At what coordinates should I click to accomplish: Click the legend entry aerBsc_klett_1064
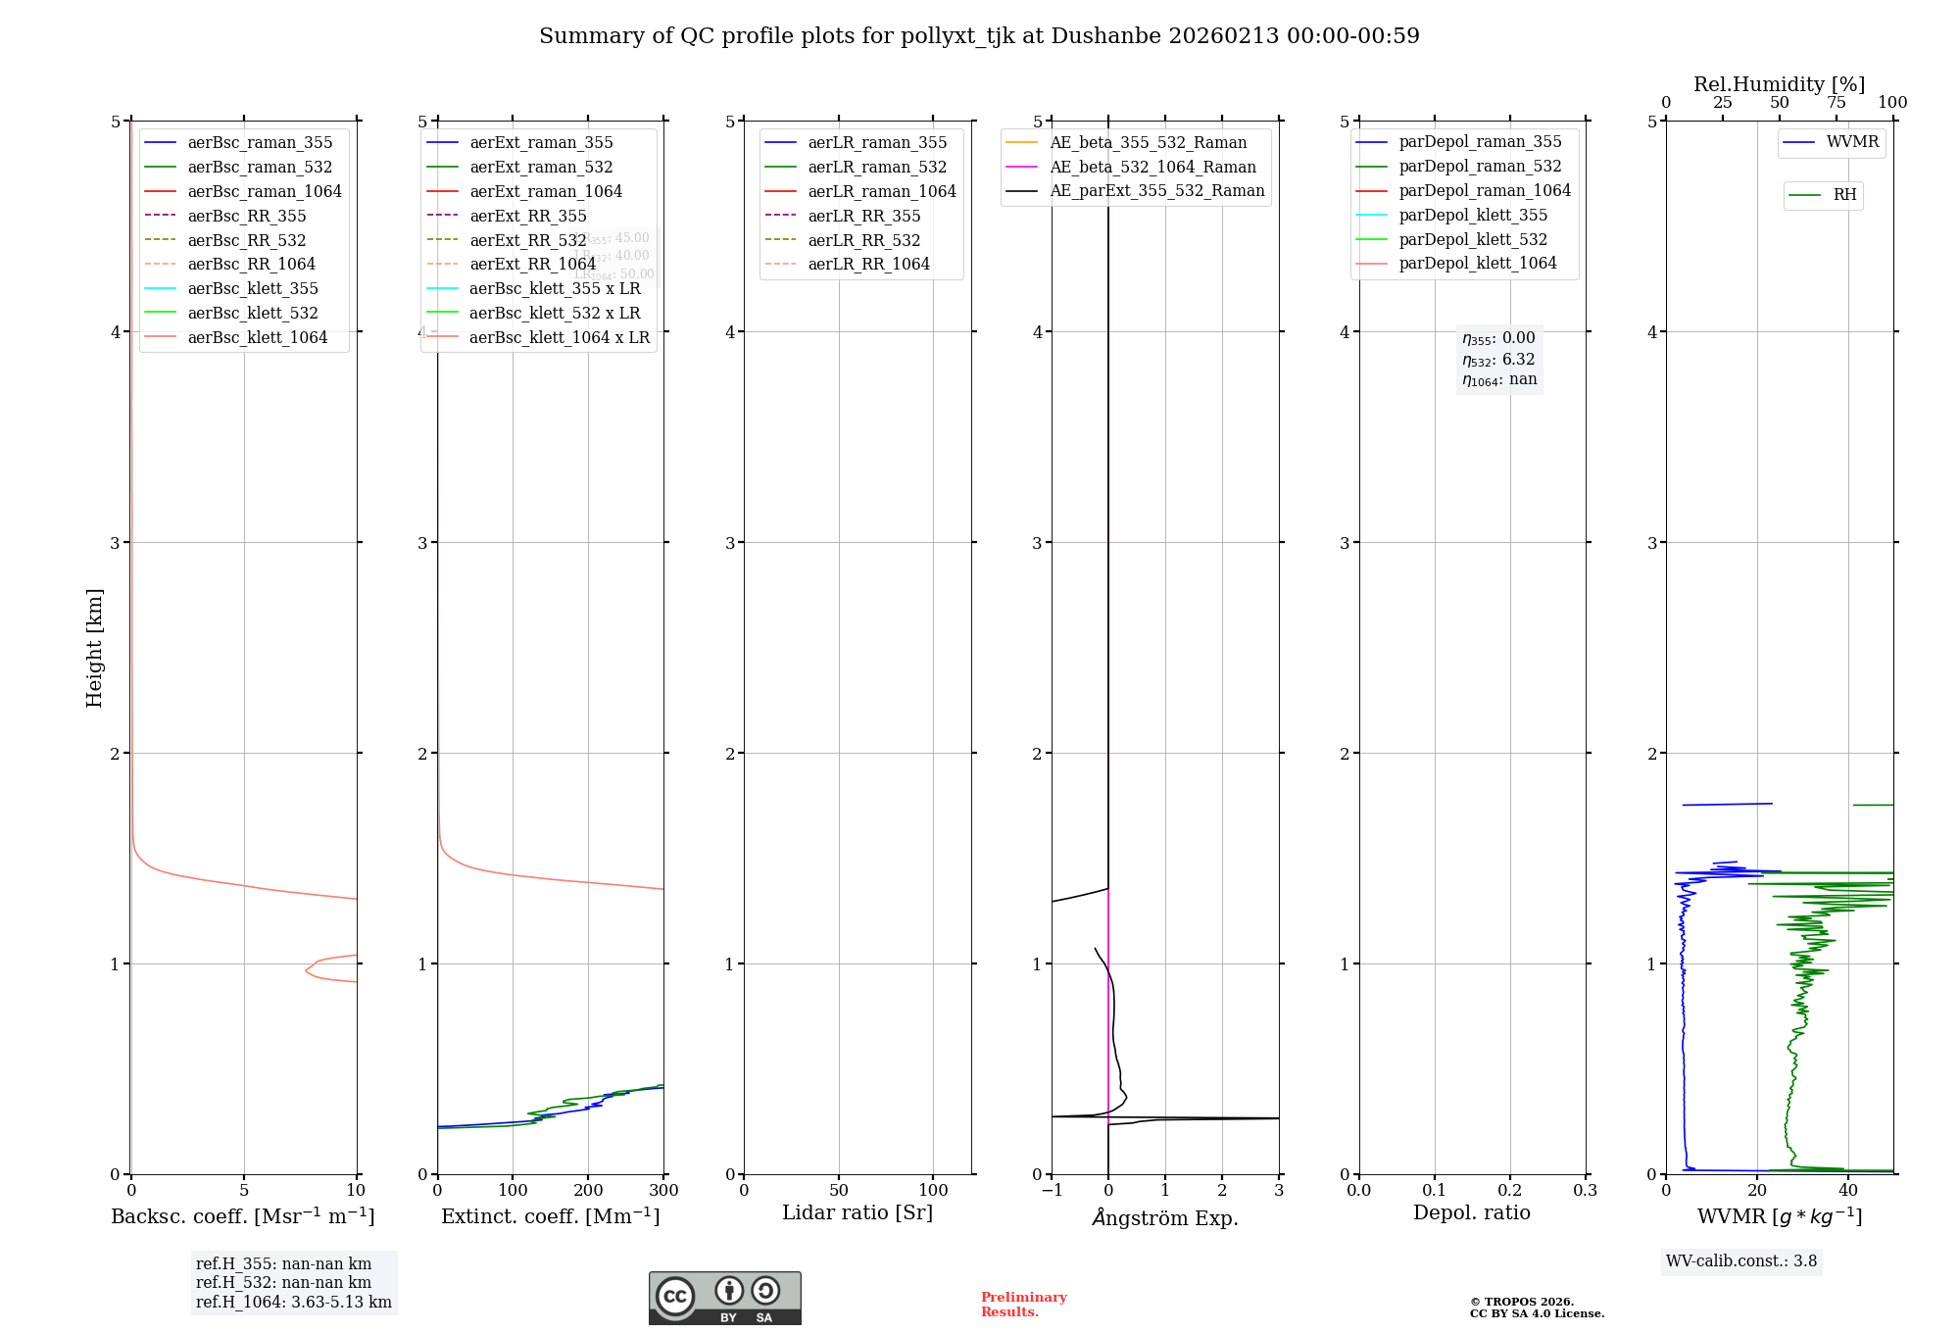pyautogui.click(x=257, y=337)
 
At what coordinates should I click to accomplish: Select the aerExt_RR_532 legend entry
pyautogui.click(x=527, y=240)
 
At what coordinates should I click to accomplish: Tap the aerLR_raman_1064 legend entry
pyautogui.click(x=881, y=191)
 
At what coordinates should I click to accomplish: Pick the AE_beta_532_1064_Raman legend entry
pyautogui.click(x=1152, y=167)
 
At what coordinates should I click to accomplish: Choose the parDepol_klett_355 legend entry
pyautogui.click(x=1473, y=215)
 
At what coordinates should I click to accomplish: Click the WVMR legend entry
pyautogui.click(x=1852, y=142)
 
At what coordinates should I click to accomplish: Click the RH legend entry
pyautogui.click(x=1844, y=195)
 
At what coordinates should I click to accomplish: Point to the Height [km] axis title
pyautogui.click(x=94, y=647)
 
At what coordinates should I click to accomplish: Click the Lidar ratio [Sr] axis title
pyautogui.click(x=857, y=1212)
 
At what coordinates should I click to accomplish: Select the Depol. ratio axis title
pyautogui.click(x=1471, y=1212)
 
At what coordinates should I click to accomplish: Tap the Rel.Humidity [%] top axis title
pyautogui.click(x=1779, y=84)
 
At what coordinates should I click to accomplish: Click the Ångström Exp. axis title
pyautogui.click(x=1165, y=1217)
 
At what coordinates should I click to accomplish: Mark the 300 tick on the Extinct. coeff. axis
pyautogui.click(x=663, y=1190)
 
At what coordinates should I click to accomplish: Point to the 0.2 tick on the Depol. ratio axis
pyautogui.click(x=1510, y=1190)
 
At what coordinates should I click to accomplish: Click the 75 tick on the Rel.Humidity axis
pyautogui.click(x=1836, y=103)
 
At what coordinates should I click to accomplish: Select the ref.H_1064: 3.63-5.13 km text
pyautogui.click(x=293, y=1302)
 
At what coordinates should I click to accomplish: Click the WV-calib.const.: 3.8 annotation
pyautogui.click(x=1741, y=1260)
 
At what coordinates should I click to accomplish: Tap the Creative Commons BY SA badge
pyautogui.click(x=724, y=1298)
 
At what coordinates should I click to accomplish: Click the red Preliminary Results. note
pyautogui.click(x=1023, y=1304)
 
